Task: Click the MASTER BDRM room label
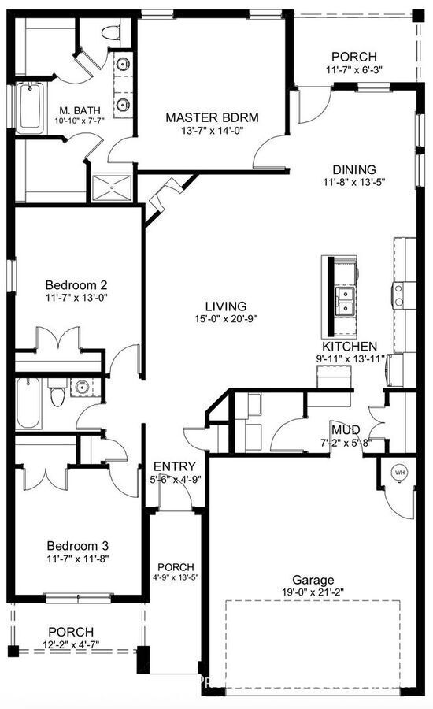pos(212,117)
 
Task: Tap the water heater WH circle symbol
pos(399,472)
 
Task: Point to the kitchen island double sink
pos(344,300)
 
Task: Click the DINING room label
pos(353,169)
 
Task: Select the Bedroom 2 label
pos(76,284)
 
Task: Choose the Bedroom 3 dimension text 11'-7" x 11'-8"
pos(76,559)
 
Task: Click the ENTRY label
pos(169,466)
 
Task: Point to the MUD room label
pos(346,429)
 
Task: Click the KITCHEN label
pos(349,346)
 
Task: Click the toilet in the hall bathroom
pos(57,394)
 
